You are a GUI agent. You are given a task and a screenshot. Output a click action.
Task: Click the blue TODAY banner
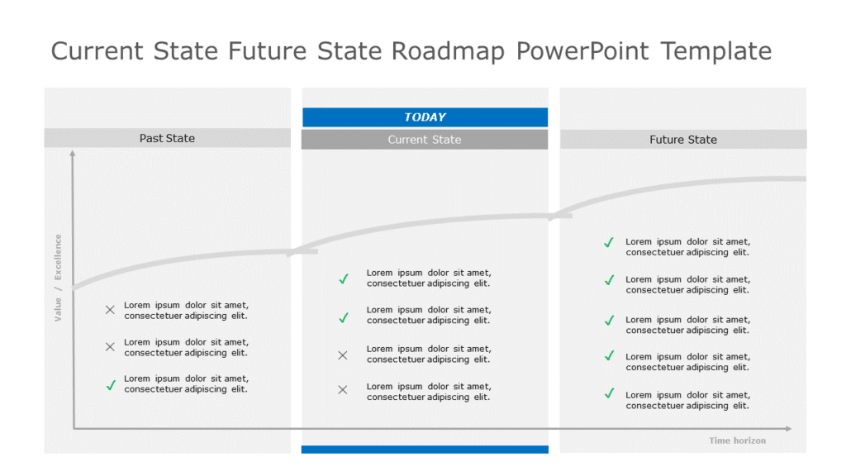click(425, 117)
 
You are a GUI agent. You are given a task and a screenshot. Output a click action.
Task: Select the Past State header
click(167, 138)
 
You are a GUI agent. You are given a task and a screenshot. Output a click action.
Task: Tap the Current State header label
click(425, 140)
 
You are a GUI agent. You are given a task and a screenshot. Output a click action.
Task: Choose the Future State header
click(683, 140)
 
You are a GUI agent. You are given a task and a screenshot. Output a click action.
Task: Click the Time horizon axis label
click(737, 440)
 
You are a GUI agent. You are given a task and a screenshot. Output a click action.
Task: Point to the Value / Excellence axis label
click(58, 278)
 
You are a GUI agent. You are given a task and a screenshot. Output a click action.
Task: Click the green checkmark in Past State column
click(110, 384)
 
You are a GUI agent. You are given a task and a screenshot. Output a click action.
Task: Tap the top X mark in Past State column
click(110, 310)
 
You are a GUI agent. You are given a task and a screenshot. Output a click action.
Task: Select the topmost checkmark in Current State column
click(344, 278)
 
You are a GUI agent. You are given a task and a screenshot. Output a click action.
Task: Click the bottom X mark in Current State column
click(343, 389)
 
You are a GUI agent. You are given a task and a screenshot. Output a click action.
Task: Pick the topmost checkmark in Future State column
click(609, 242)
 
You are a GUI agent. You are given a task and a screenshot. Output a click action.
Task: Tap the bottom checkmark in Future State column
click(609, 393)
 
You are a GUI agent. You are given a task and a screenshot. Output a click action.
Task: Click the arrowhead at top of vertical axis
click(73, 154)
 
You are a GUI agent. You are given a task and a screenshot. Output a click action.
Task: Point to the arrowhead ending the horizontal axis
click(788, 429)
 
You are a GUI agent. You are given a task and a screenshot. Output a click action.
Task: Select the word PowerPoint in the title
click(582, 51)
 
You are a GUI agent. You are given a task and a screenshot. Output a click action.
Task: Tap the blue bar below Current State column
click(425, 450)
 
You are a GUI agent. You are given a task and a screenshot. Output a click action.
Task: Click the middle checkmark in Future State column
click(609, 320)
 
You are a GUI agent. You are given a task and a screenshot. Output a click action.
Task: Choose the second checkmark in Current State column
click(344, 317)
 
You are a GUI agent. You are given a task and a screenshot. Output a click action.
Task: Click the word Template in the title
click(715, 51)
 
